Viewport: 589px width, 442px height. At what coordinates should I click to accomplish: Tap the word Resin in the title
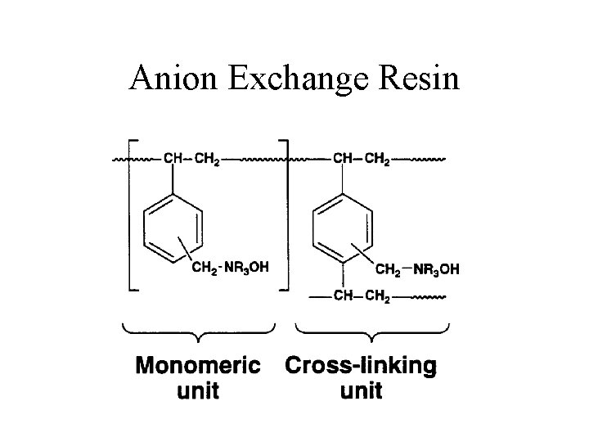[421, 79]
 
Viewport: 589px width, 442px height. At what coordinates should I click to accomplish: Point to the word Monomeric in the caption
[198, 365]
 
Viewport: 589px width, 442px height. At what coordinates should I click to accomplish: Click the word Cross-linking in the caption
[360, 365]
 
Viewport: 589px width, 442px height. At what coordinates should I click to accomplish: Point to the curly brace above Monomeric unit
[198, 331]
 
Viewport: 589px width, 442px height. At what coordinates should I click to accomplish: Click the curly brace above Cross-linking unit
[372, 331]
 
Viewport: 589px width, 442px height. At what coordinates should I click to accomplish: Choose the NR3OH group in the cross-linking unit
[435, 268]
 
